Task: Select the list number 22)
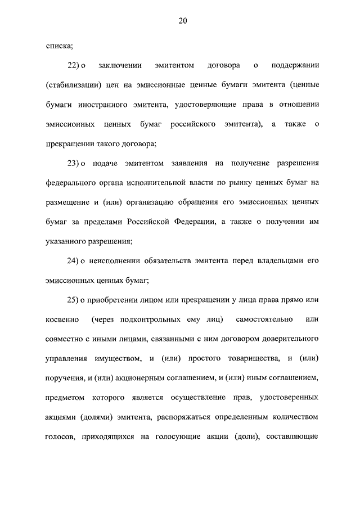(x=75, y=66)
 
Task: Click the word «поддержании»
(x=295, y=66)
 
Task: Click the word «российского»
(x=195, y=124)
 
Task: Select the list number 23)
(x=75, y=163)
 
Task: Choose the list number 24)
(x=75, y=260)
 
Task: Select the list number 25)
(x=75, y=300)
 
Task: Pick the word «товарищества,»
(x=249, y=358)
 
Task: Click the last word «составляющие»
(x=294, y=436)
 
